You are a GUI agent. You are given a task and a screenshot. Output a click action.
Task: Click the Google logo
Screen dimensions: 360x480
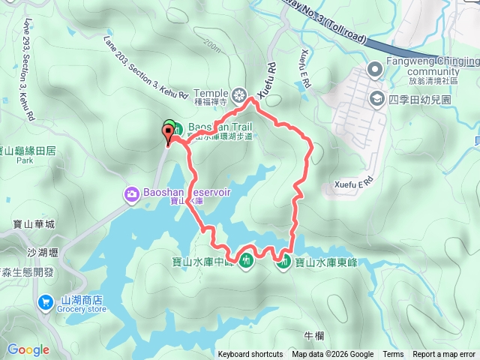coord(28,349)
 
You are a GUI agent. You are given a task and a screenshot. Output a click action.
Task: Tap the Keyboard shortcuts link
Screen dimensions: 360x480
coord(250,355)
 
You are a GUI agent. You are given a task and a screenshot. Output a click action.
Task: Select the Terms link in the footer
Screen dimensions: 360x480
coord(393,355)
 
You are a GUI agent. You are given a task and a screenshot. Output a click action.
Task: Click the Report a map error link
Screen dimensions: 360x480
coord(445,355)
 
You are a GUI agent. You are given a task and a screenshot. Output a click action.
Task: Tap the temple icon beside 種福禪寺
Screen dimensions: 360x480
coord(239,94)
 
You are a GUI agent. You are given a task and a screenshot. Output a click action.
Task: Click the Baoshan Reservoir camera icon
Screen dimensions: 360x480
coord(132,194)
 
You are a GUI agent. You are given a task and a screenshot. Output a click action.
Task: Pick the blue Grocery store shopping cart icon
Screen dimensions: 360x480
coord(45,302)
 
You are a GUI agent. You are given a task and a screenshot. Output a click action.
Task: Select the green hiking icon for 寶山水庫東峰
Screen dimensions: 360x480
coord(284,262)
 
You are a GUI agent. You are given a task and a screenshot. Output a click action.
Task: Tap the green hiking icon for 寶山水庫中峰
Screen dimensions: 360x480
coord(245,262)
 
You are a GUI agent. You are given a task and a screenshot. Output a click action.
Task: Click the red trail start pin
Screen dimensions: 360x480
coord(168,133)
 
